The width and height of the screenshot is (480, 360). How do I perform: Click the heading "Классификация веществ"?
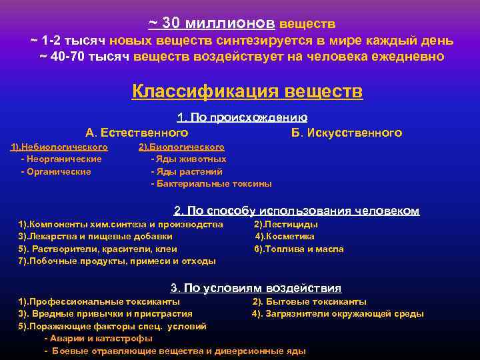point(247,91)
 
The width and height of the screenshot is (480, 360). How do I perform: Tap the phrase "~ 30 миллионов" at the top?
point(211,23)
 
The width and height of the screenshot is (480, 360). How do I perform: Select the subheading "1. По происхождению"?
point(242,118)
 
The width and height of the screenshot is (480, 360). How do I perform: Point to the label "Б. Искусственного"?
point(347,133)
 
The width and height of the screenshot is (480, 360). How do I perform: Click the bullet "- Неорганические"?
point(61,159)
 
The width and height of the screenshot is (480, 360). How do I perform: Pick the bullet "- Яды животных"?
point(189,159)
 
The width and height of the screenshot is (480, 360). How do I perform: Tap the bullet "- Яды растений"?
point(187,171)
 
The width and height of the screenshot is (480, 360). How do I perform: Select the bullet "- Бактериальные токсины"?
point(211,183)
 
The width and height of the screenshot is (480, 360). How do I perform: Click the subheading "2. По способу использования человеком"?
point(297,211)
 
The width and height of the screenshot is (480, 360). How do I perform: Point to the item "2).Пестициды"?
point(286,225)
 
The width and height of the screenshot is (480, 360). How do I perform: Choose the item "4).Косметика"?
point(285,237)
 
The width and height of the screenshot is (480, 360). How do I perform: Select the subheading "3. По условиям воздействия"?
point(256,288)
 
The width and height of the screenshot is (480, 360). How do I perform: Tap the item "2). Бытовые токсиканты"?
point(309,301)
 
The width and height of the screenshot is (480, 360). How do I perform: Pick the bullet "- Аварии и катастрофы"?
point(97,339)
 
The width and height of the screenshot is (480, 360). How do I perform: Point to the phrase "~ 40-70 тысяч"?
point(85,56)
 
